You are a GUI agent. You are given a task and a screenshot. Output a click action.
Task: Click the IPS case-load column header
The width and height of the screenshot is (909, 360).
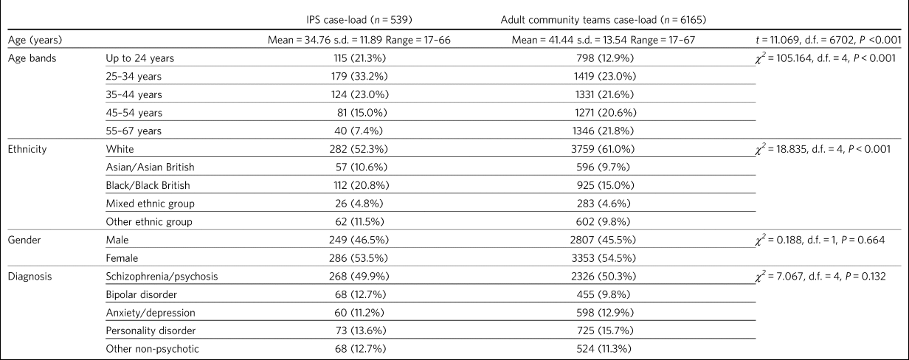click(359, 20)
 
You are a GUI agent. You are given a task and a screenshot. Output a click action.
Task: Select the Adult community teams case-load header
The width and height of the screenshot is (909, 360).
click(604, 20)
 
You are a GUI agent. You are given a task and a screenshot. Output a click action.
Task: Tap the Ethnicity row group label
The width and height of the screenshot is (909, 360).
click(27, 149)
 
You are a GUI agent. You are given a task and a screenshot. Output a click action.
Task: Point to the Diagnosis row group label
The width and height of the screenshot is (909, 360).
click(30, 277)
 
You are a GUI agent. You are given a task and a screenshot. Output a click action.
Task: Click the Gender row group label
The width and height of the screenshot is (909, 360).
click(24, 240)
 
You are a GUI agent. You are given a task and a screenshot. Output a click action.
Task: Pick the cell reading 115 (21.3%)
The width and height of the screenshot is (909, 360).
click(359, 58)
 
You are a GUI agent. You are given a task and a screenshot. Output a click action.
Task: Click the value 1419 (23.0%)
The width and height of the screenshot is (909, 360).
click(605, 76)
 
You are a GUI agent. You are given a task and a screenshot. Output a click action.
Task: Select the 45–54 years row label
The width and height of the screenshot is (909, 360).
click(134, 113)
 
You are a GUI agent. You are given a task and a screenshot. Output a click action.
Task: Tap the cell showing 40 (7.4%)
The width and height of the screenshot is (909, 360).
click(359, 131)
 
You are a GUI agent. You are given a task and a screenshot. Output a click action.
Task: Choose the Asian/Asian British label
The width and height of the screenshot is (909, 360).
click(151, 167)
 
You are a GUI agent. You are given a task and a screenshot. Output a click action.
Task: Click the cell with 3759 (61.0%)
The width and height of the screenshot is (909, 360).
click(603, 149)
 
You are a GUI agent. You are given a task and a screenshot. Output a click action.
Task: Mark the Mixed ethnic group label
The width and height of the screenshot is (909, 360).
click(151, 204)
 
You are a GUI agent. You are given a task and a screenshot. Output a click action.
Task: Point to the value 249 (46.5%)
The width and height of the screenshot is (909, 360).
click(359, 240)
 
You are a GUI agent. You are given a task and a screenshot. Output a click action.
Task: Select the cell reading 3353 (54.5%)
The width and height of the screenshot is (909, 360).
click(603, 258)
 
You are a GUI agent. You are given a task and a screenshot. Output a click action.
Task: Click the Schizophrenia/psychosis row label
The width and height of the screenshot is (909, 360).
click(162, 277)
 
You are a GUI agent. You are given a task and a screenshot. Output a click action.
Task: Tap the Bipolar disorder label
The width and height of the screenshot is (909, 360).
click(141, 294)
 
